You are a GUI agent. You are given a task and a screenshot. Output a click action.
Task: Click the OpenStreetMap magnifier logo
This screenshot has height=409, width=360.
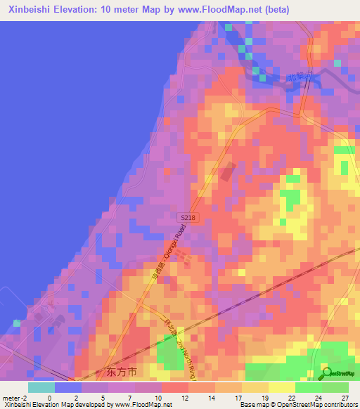coord(327,372)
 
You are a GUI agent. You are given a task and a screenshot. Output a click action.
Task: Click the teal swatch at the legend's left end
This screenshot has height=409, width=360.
coord(41,387)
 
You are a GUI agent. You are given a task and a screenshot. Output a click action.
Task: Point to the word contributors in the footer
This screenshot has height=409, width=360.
coord(339,405)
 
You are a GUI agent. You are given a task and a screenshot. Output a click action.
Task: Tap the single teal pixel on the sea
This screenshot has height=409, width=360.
coord(17,323)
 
